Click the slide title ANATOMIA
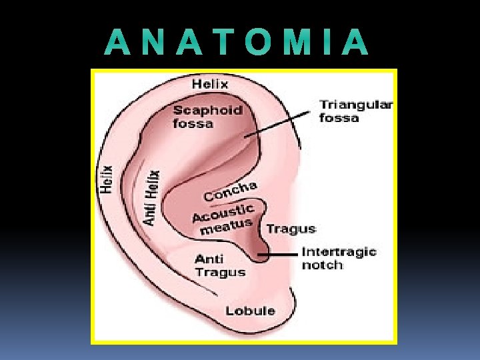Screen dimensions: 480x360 pyautogui.click(x=237, y=43)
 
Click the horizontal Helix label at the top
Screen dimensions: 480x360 pyautogui.click(x=210, y=84)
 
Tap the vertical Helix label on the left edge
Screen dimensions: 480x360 pyautogui.click(x=107, y=179)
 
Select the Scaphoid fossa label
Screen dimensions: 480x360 pyautogui.click(x=207, y=117)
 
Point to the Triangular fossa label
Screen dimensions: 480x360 pyautogui.click(x=355, y=111)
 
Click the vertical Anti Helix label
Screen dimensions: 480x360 pyautogui.click(x=153, y=197)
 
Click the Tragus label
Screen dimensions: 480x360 pyautogui.click(x=291, y=229)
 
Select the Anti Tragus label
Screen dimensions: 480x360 pyautogui.click(x=219, y=265)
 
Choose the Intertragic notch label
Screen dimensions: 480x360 pyautogui.click(x=339, y=258)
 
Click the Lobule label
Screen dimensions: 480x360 pyautogui.click(x=250, y=311)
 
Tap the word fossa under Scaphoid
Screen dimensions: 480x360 pyautogui.click(x=193, y=123)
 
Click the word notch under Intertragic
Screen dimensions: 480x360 pyautogui.click(x=322, y=265)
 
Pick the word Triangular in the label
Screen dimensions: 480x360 pyautogui.click(x=356, y=105)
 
